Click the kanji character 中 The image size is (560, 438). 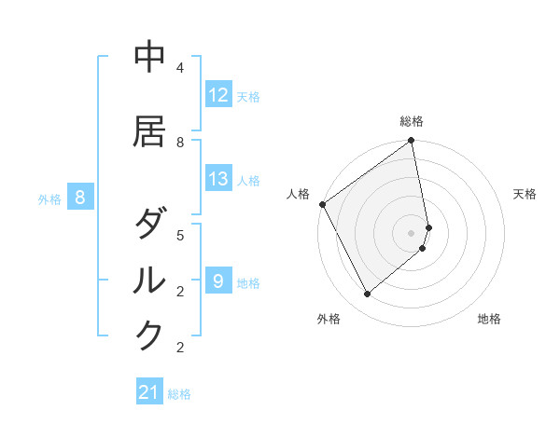pyautogui.click(x=149, y=57)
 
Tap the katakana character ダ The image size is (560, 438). pyautogui.click(x=149, y=225)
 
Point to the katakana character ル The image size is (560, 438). pyautogui.click(x=149, y=280)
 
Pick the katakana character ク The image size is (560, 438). pyautogui.click(x=149, y=335)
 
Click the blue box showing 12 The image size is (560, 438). pyautogui.click(x=218, y=95)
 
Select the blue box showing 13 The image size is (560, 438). pyautogui.click(x=218, y=179)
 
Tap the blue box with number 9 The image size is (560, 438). pyautogui.click(x=218, y=281)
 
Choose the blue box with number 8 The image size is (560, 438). pyautogui.click(x=80, y=198)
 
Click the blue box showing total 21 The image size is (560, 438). pyautogui.click(x=149, y=393)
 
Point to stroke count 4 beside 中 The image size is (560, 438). pyautogui.click(x=180, y=68)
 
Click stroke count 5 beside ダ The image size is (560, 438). pyautogui.click(x=180, y=235)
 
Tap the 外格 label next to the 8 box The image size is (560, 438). pyautogui.click(x=49, y=198)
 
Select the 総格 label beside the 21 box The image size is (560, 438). pyautogui.click(x=179, y=394)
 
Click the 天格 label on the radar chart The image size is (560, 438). pyautogui.click(x=525, y=194)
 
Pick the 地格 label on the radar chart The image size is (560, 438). pyautogui.click(x=489, y=319)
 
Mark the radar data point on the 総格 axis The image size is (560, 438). pyautogui.click(x=412, y=142)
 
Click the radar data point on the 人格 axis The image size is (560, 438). pyautogui.click(x=322, y=204)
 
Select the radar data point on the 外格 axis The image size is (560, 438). pyautogui.click(x=368, y=294)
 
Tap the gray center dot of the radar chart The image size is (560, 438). pyautogui.click(x=412, y=232)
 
